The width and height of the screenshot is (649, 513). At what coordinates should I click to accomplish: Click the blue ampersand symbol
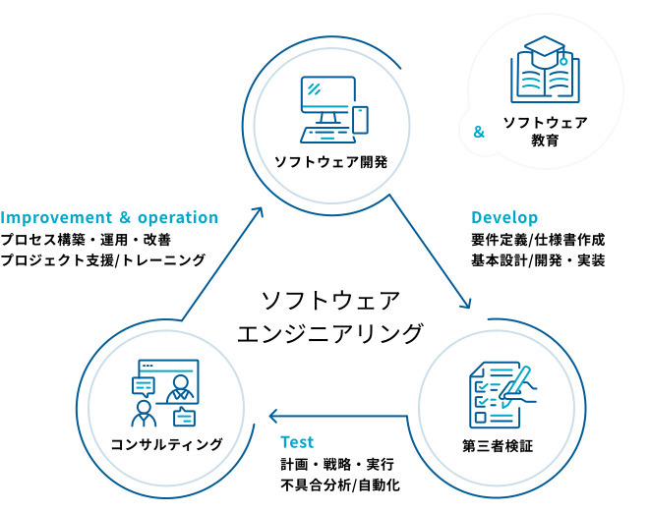tap(479, 132)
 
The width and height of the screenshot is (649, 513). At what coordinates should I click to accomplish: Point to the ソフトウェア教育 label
tap(545, 132)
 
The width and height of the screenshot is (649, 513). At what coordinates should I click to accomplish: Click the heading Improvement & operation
tap(110, 217)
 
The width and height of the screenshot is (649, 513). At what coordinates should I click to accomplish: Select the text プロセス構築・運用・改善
tap(86, 239)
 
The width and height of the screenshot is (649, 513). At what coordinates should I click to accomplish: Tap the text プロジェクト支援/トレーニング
tap(103, 260)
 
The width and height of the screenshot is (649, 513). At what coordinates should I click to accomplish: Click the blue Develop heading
tap(504, 217)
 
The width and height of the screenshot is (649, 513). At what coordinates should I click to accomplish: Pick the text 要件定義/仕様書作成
tap(537, 239)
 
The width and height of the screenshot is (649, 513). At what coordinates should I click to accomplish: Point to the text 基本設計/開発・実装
tap(537, 260)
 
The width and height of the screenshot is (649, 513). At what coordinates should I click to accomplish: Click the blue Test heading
tap(297, 442)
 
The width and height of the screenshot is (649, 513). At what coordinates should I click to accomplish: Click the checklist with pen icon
tap(498, 395)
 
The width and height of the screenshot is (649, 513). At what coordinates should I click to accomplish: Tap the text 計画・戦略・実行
tap(338, 464)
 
